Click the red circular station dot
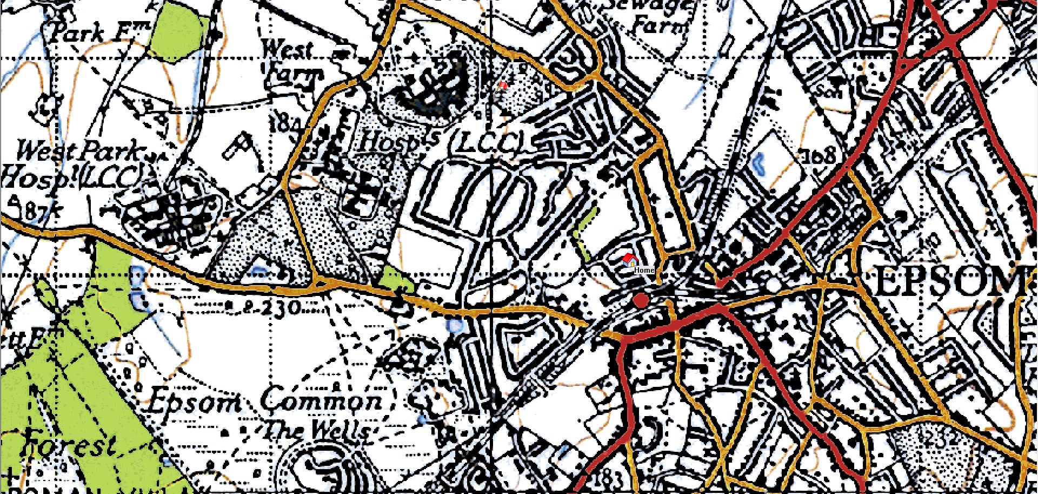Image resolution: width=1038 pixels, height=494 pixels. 641,300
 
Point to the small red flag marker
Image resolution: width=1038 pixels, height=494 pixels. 503,85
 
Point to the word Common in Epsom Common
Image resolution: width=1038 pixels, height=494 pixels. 321,401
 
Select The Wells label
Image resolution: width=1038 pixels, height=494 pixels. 317,431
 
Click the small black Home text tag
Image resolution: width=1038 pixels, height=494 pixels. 644,269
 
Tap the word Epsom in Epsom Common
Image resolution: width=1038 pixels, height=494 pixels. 195,403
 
